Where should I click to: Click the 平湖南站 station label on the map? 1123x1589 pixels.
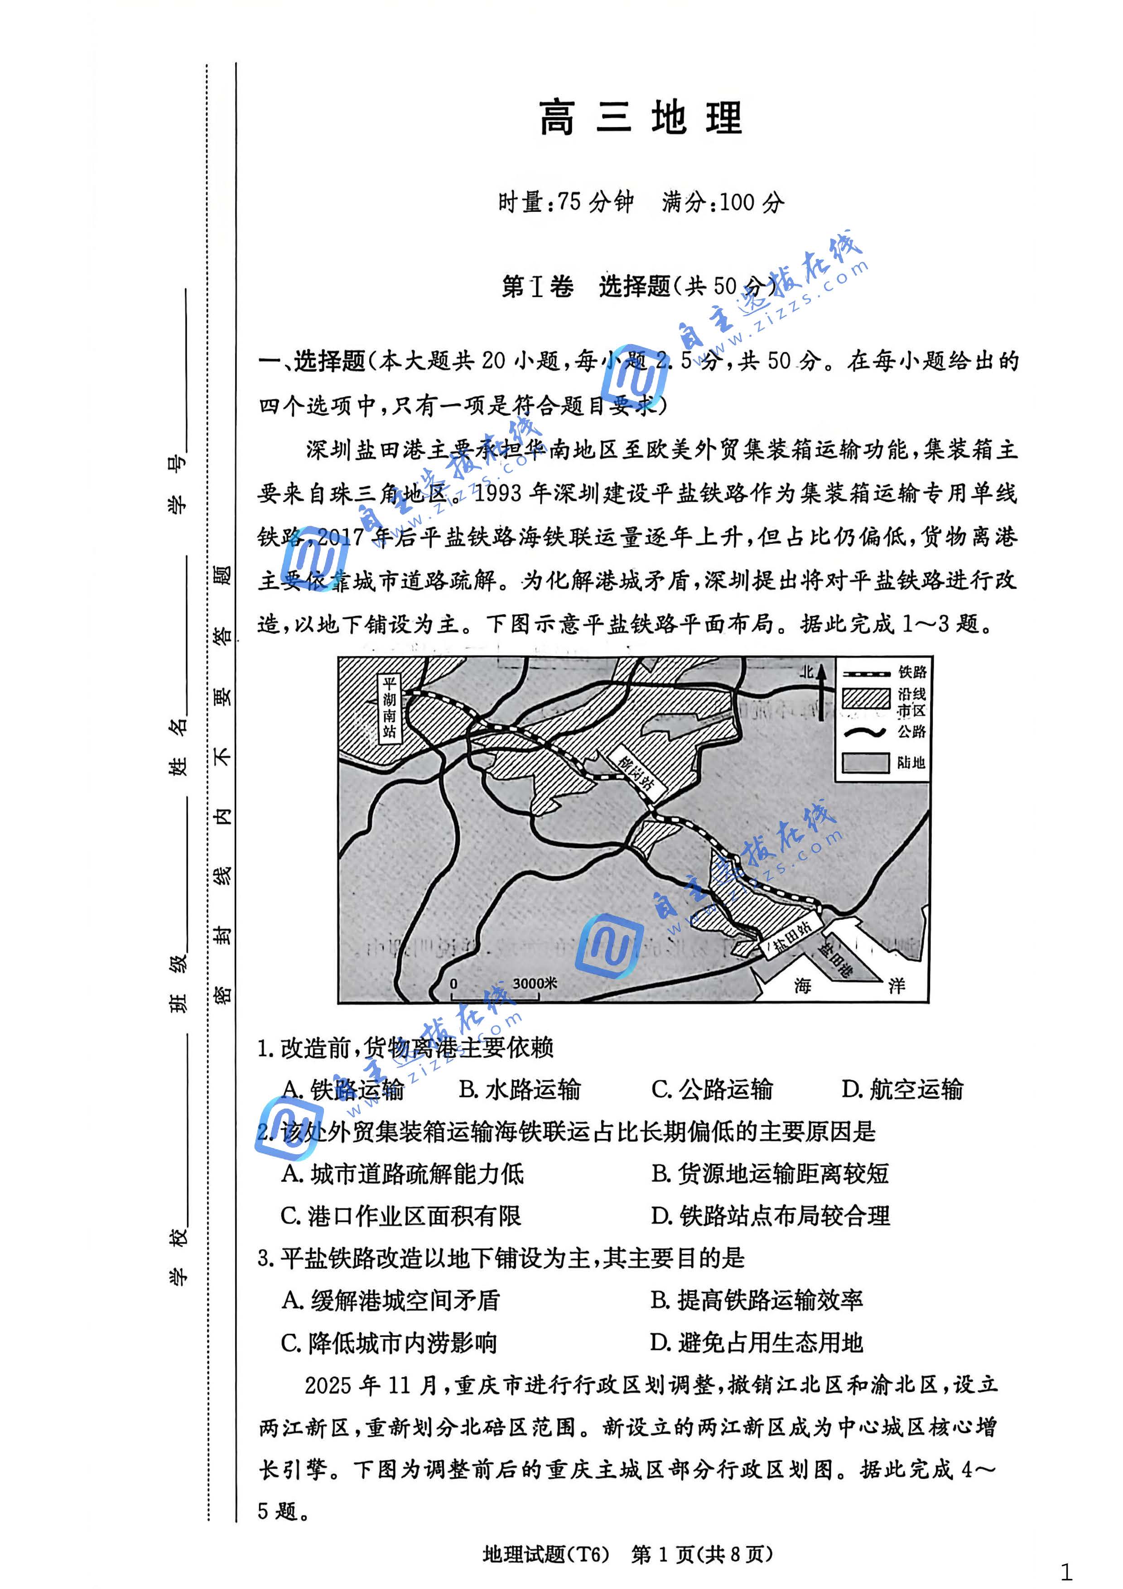[x=389, y=707]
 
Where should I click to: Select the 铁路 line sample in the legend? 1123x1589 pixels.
[x=865, y=673]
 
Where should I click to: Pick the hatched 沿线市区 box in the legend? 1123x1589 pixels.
[x=865, y=699]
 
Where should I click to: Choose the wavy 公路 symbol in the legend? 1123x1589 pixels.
[x=865, y=731]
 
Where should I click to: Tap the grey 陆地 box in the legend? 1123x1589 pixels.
[x=865, y=762]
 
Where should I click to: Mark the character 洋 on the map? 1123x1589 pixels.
[x=896, y=985]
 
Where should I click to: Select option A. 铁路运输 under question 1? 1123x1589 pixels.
[x=343, y=1090]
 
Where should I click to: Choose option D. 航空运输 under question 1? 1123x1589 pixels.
[x=902, y=1090]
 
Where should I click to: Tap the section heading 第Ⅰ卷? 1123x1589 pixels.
[x=537, y=286]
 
